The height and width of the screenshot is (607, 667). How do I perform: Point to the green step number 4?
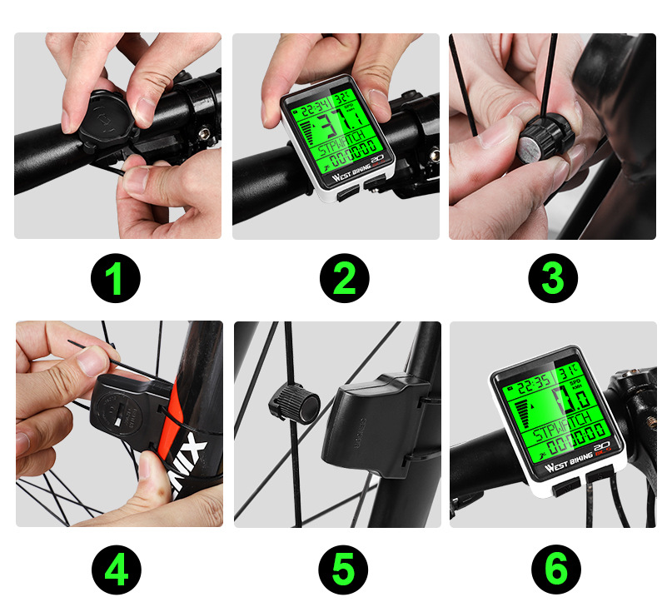(x=116, y=571)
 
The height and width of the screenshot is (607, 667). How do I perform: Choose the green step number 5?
(x=344, y=571)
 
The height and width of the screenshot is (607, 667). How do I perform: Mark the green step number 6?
(x=555, y=571)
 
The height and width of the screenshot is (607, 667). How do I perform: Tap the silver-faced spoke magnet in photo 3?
(x=534, y=152)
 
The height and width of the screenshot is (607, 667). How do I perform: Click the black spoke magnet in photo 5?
(x=292, y=405)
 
